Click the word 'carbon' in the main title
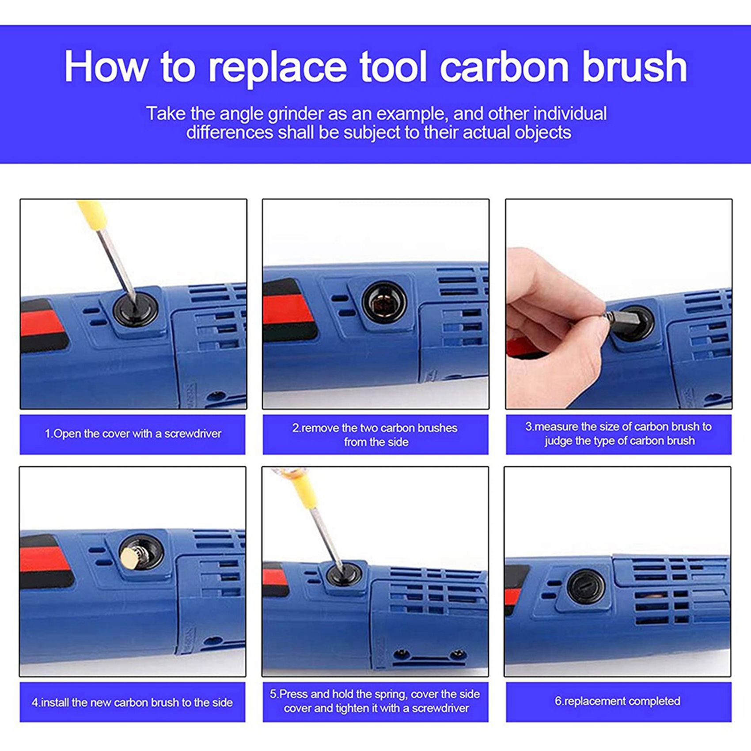click(504, 67)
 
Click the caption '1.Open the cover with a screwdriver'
click(133, 434)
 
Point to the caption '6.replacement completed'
click(618, 701)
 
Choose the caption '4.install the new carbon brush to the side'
click(132, 702)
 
